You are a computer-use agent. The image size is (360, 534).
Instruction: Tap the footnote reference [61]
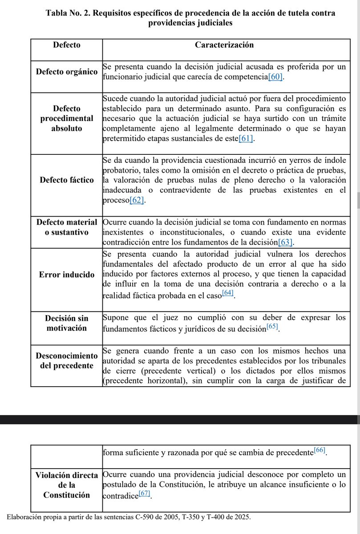(246, 139)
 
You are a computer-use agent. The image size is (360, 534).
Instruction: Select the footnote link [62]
(137, 201)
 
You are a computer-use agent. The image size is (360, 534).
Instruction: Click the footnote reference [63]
(286, 242)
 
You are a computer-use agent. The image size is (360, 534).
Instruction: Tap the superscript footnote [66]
(320, 450)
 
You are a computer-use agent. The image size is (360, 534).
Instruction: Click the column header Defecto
(67, 45)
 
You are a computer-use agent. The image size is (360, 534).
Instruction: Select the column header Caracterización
(224, 45)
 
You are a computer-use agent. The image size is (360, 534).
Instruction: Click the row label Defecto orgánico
(67, 72)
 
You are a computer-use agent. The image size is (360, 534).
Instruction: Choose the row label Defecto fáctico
(67, 180)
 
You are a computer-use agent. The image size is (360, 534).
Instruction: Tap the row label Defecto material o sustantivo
(67, 227)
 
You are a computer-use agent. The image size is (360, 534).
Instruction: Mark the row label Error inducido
(67, 274)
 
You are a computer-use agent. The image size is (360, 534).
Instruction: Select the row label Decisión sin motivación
(67, 323)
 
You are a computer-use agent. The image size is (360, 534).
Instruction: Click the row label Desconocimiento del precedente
(67, 360)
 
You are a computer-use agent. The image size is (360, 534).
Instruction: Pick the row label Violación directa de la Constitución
(67, 485)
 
